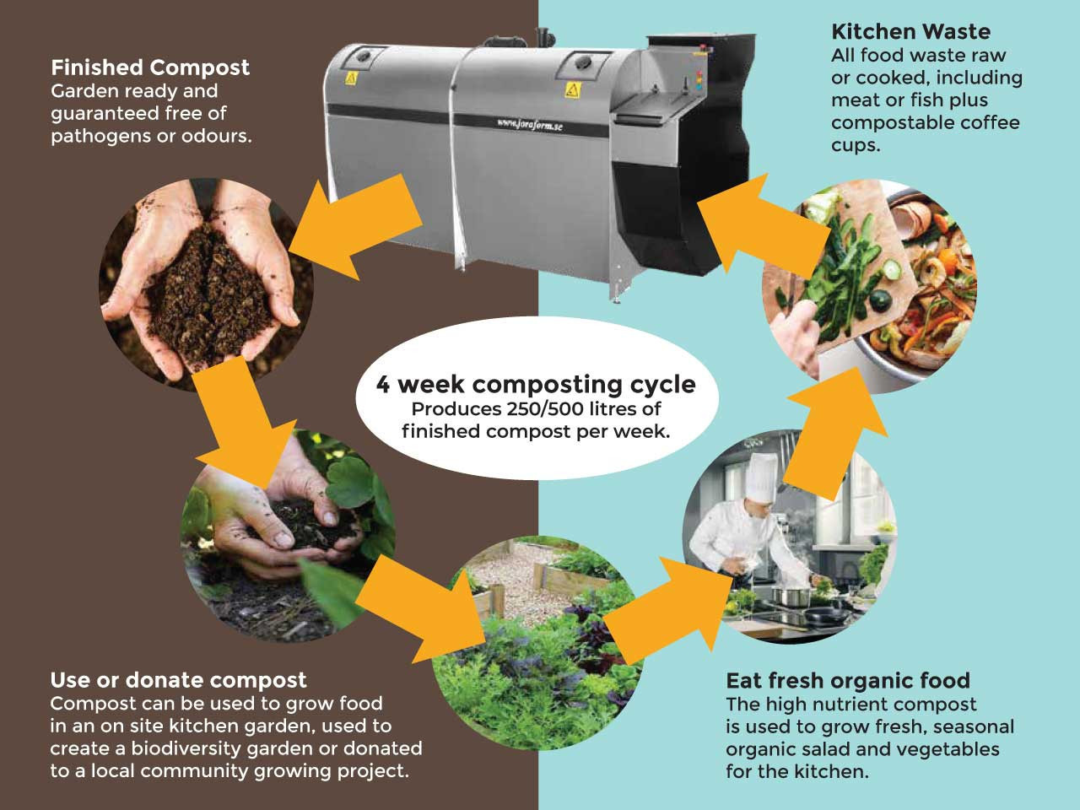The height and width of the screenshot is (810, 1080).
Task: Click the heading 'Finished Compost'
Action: [x=150, y=67]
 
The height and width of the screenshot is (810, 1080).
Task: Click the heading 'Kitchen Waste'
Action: [x=910, y=32]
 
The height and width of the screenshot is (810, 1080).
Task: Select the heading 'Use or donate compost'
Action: [x=178, y=680]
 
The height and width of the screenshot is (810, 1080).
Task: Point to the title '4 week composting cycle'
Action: [x=536, y=385]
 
